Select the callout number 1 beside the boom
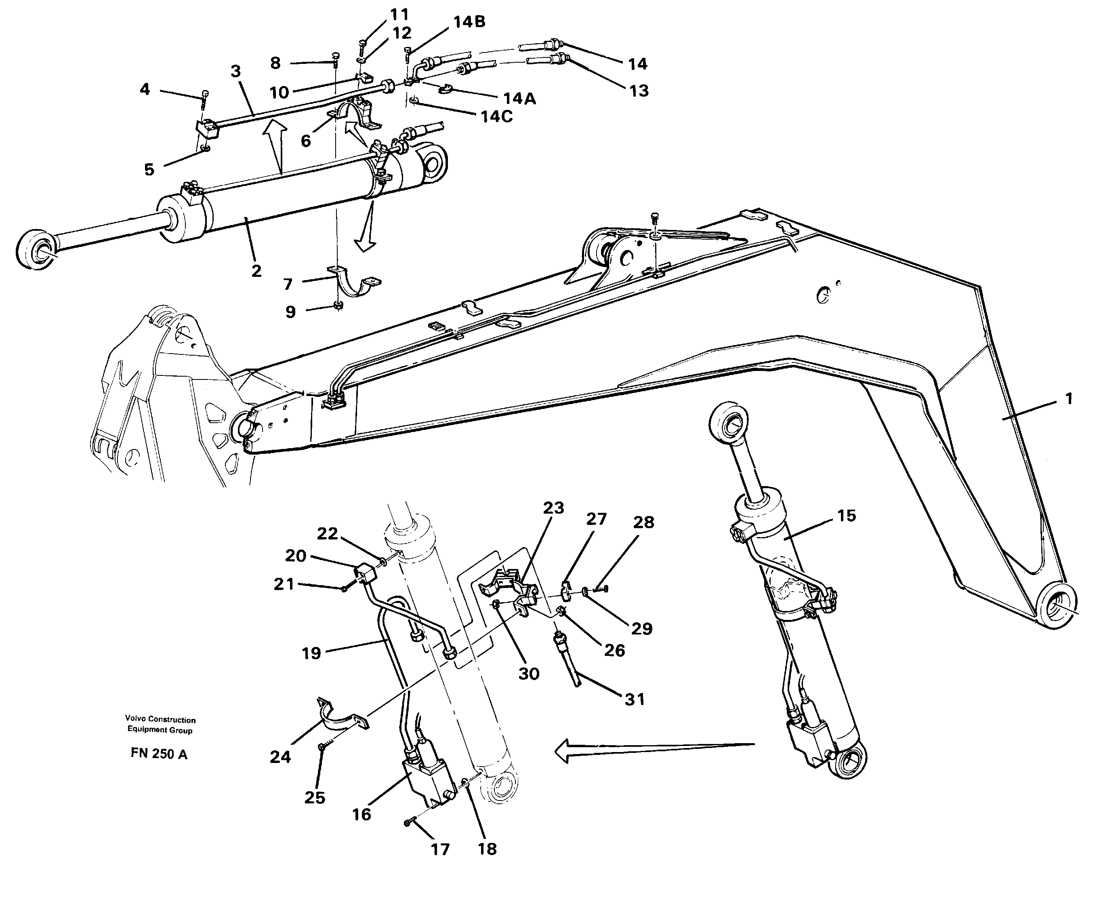click(x=1068, y=399)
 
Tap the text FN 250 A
click(x=159, y=754)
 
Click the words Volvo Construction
click(x=160, y=720)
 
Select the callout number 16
click(x=361, y=814)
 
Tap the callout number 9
click(x=290, y=312)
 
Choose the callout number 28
click(x=643, y=522)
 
